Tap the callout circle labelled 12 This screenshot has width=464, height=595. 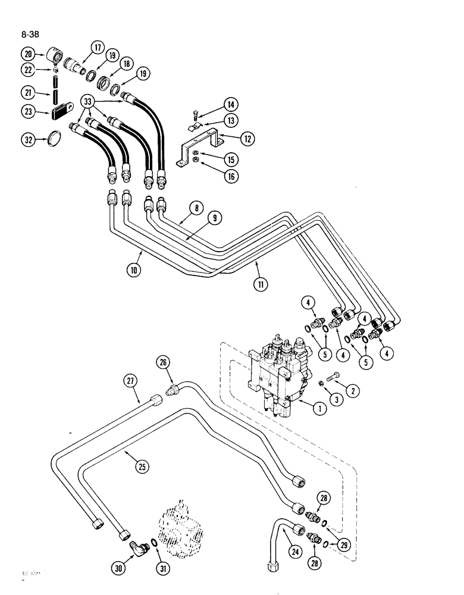coord(249,139)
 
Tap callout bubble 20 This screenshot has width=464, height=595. coord(27,54)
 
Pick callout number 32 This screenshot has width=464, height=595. coord(29,140)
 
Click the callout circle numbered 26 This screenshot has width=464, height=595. coord(165,362)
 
